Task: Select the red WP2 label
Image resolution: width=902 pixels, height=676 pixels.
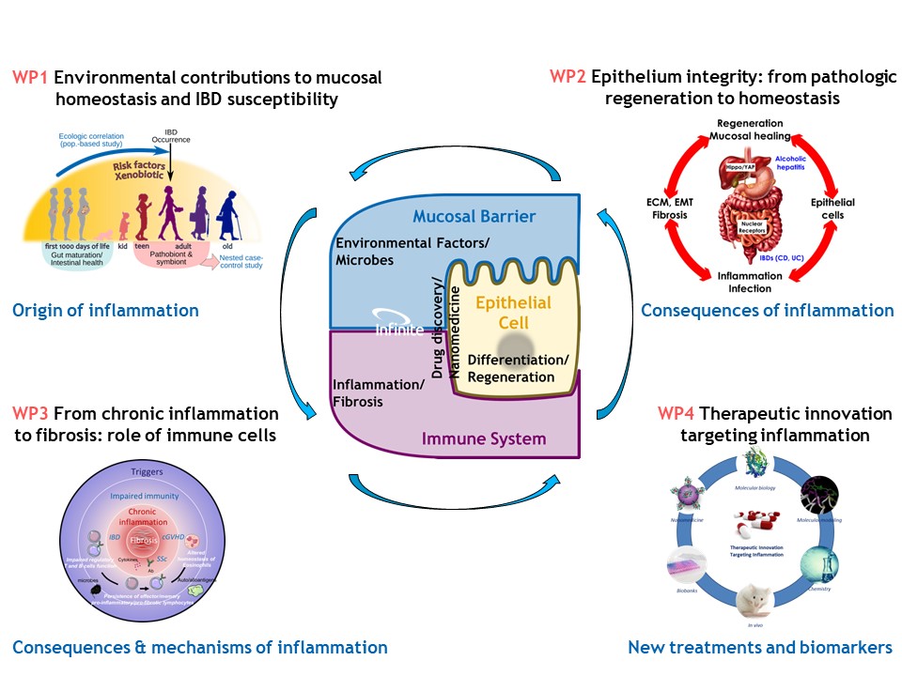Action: tap(569, 77)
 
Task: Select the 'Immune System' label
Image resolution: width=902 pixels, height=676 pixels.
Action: tap(484, 438)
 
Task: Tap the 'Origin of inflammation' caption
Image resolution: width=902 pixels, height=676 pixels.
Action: tap(105, 311)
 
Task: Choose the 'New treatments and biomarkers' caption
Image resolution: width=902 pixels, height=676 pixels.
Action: tap(759, 647)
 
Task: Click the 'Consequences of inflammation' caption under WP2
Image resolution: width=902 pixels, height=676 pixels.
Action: tap(767, 310)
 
